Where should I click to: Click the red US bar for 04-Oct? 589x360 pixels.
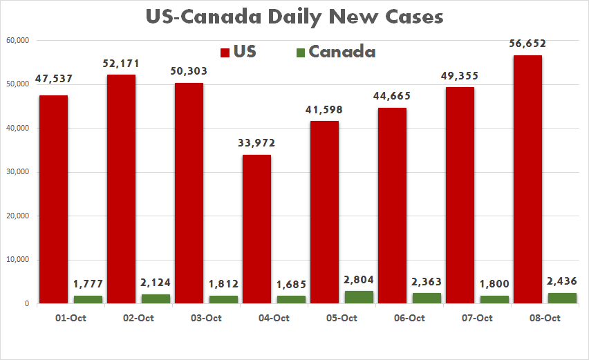pyautogui.click(x=256, y=229)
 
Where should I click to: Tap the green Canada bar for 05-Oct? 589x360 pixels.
pyautogui.click(x=358, y=297)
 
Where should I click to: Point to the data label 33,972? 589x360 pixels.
pyautogui.click(x=256, y=143)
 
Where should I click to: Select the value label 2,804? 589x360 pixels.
pyautogui.click(x=358, y=281)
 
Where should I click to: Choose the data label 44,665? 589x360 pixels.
pyautogui.click(x=392, y=96)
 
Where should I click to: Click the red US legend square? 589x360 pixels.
pyautogui.click(x=225, y=53)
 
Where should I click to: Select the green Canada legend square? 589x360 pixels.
pyautogui.click(x=300, y=53)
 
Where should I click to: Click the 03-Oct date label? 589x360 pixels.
pyautogui.click(x=205, y=318)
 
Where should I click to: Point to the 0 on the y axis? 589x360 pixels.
pyautogui.click(x=26, y=304)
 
